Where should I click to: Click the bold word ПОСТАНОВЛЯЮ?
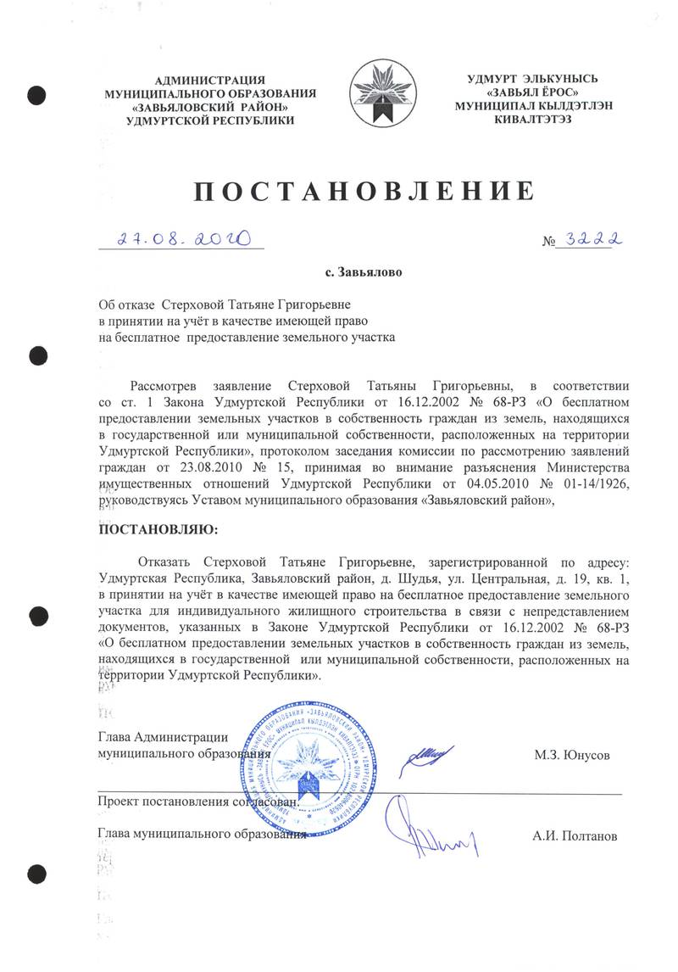(159, 530)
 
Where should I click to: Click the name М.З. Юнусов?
(571, 754)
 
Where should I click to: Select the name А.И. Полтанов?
(575, 835)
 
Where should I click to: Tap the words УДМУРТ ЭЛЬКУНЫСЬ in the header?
(533, 79)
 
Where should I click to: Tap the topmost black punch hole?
(36, 94)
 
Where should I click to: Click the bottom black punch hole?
(36, 874)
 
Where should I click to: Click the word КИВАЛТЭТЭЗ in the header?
(533, 120)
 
